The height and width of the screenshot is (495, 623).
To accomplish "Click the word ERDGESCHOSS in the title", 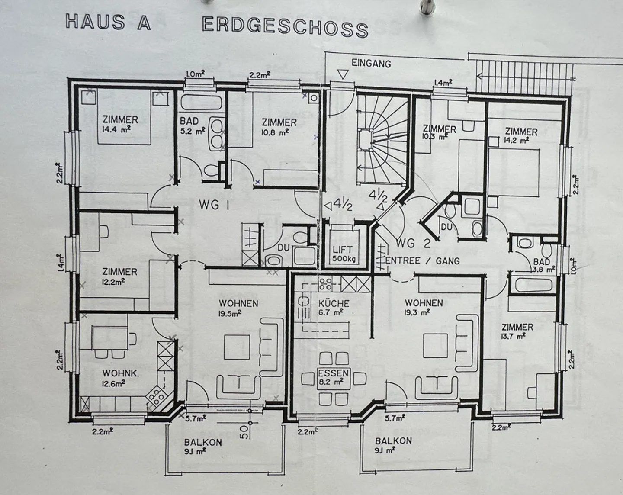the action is [x=285, y=27].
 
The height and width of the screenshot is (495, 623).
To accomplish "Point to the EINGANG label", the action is [x=371, y=63].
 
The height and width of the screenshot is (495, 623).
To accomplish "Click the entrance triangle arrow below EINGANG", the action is [x=343, y=74].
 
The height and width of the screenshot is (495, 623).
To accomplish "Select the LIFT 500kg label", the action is [x=343, y=254].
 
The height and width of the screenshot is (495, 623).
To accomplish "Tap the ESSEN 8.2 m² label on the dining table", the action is [x=333, y=377].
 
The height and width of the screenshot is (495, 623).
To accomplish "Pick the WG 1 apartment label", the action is [x=214, y=205].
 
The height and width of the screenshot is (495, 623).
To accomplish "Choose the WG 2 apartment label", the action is [x=413, y=243].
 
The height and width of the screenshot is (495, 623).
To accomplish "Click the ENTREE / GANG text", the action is [x=422, y=260].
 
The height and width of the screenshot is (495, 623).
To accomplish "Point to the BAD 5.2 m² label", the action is [x=193, y=126].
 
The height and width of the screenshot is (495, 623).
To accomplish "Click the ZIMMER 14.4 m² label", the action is [x=120, y=124].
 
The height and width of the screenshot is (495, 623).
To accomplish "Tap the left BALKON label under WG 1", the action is [x=203, y=447].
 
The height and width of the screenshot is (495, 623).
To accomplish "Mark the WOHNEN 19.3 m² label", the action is [x=424, y=307].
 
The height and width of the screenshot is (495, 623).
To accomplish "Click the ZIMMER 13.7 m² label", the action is [x=517, y=331].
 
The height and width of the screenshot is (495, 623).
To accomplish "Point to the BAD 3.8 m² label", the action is [x=544, y=266].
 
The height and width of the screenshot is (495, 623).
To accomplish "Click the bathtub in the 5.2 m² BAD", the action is [x=202, y=101].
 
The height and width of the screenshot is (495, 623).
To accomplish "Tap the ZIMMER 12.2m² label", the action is [x=119, y=276].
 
